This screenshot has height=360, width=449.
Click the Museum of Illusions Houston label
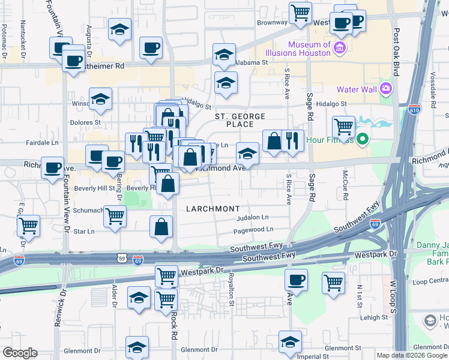click(309, 49)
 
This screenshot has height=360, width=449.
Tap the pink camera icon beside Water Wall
click(385, 89)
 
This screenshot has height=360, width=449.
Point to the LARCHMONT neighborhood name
click(212, 209)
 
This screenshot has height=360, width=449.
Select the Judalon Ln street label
click(253, 218)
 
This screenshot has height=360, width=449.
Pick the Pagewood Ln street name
click(253, 229)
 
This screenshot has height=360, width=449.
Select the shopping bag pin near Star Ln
click(161, 227)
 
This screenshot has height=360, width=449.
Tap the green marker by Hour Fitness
click(362, 140)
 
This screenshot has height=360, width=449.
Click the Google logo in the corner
click(20, 353)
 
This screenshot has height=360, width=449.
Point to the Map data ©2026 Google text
click(412, 355)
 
